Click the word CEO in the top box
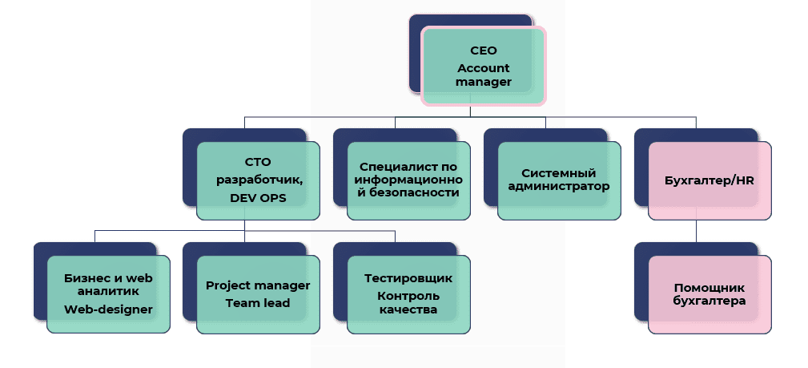click(483, 51)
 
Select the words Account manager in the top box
click(483, 75)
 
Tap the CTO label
click(258, 161)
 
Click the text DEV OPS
click(258, 198)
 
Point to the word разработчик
click(258, 180)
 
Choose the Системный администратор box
click(559, 180)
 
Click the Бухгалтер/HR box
click(710, 180)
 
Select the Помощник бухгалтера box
click(710, 294)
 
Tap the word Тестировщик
click(408, 278)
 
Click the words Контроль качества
click(408, 302)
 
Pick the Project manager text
click(258, 285)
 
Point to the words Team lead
click(258, 303)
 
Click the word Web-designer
click(109, 309)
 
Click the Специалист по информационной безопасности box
click(408, 180)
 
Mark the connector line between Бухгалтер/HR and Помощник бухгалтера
click(696, 230)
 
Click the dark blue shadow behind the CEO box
click(415, 56)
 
